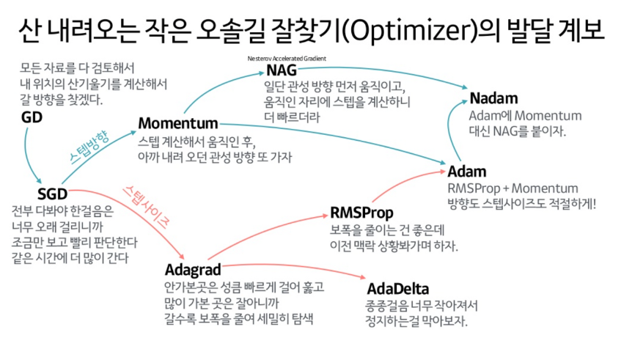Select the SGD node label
click(52, 194)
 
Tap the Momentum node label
click(178, 122)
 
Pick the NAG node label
click(282, 70)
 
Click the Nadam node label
click(494, 98)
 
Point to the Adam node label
click(467, 172)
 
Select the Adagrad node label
click(193, 269)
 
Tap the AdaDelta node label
click(397, 287)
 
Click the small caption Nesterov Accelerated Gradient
click(287, 57)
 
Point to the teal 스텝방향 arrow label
click(89, 146)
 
